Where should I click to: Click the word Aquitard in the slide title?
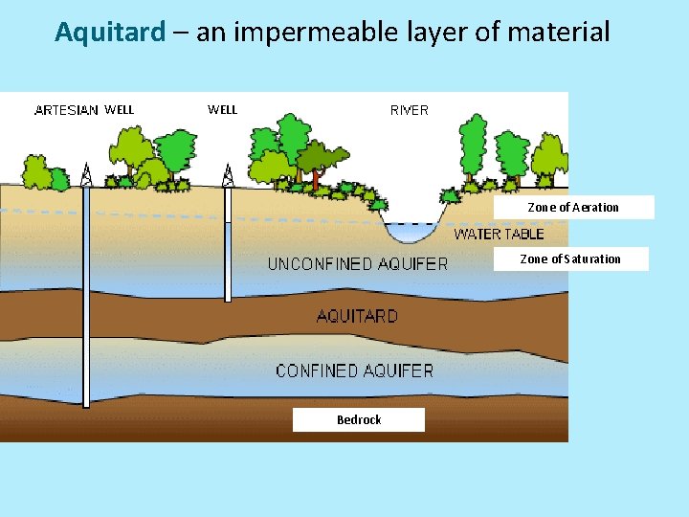click(110, 33)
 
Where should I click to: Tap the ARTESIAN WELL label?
click(84, 109)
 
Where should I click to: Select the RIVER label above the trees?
click(410, 109)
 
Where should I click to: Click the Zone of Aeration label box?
click(573, 207)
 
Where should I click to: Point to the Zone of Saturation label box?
click(570, 258)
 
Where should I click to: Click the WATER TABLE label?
click(499, 234)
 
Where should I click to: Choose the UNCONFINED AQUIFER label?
click(357, 263)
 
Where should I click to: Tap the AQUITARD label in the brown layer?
click(357, 315)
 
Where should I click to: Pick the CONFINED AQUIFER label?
click(354, 370)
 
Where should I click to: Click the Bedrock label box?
click(359, 419)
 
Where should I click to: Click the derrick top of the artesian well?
click(86, 174)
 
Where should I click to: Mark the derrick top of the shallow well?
click(228, 174)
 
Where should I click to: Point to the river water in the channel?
click(409, 232)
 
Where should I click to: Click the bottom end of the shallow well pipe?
click(228, 298)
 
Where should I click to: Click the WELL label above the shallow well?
click(222, 109)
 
